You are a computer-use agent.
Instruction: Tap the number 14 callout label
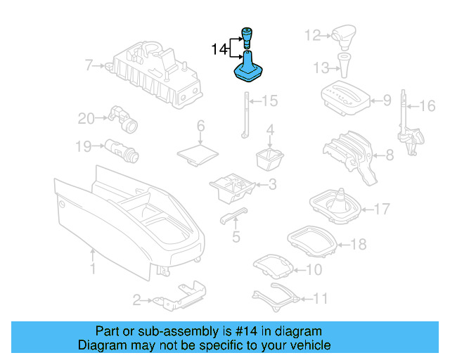pyautogui.click(x=219, y=49)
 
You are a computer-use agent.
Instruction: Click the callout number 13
pyautogui.click(x=321, y=67)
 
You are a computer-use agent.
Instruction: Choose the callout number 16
pyautogui.click(x=427, y=106)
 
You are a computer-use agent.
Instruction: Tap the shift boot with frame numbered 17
pyautogui.click(x=336, y=205)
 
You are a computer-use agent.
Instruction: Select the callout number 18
pyautogui.click(x=359, y=245)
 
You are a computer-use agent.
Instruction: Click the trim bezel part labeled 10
pyautogui.click(x=272, y=266)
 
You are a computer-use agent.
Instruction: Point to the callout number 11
pyautogui.click(x=320, y=299)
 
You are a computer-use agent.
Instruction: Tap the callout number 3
pyautogui.click(x=271, y=185)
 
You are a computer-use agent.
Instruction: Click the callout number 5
pyautogui.click(x=236, y=237)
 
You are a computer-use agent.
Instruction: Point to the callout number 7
pyautogui.click(x=89, y=66)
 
